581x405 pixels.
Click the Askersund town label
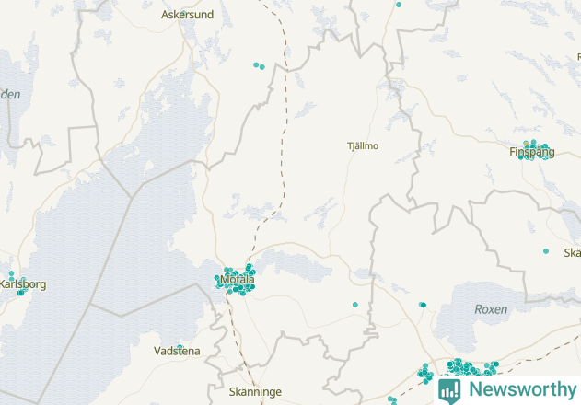186,15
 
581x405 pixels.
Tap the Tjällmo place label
362,145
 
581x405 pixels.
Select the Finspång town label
532,152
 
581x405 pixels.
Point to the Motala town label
238,279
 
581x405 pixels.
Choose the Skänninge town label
254,391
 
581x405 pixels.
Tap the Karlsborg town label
22,284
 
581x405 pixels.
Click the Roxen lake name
490,310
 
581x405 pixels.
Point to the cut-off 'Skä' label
572,253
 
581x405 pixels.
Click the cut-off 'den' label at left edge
9,94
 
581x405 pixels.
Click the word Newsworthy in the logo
519,388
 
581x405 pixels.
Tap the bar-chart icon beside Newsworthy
449,389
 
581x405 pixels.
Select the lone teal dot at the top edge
399,5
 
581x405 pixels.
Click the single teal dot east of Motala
354,305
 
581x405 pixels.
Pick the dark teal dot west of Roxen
422,305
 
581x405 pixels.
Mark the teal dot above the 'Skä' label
546,251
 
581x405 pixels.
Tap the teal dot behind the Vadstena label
180,348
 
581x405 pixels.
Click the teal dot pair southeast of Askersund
259,65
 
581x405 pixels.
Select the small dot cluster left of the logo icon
424,373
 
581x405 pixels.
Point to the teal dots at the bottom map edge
392,400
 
